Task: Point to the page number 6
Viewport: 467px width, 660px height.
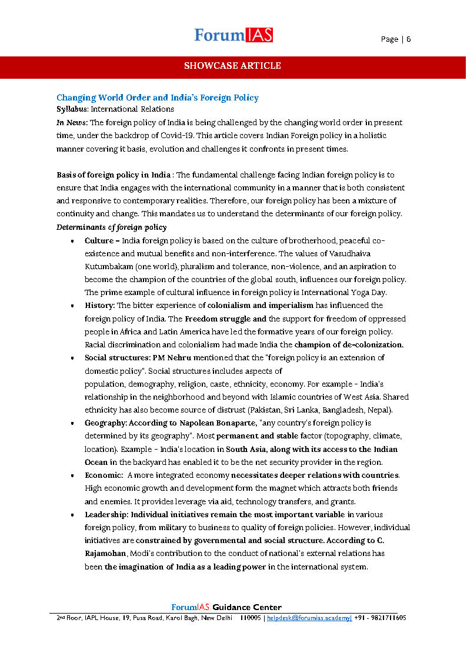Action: (x=408, y=39)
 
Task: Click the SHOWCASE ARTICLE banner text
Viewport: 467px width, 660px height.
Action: (x=233, y=66)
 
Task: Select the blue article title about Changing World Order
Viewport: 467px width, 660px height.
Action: (x=157, y=98)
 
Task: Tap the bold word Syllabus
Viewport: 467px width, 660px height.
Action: (x=72, y=109)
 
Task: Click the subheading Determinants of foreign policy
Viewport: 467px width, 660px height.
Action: (x=111, y=227)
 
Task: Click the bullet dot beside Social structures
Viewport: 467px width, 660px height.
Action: (x=72, y=358)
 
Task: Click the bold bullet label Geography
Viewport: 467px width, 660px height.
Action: (x=106, y=423)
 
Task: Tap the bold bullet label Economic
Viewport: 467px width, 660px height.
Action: (x=104, y=475)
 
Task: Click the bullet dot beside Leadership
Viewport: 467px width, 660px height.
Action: (x=72, y=514)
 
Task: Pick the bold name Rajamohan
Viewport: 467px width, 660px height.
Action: (x=105, y=554)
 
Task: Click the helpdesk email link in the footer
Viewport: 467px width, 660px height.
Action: (x=309, y=618)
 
